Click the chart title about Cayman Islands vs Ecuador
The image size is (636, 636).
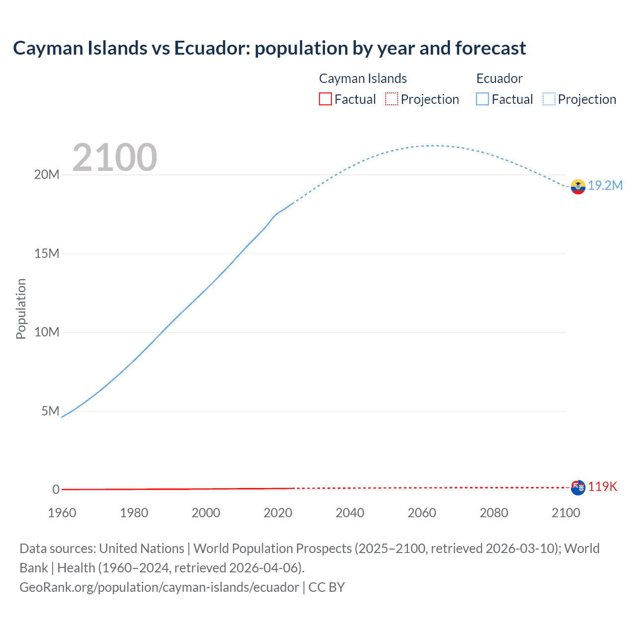pyautogui.click(x=269, y=48)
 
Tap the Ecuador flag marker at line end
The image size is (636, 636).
pyautogui.click(x=577, y=186)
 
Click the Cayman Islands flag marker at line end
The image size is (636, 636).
pyautogui.click(x=577, y=487)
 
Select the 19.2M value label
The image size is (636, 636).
pyautogui.click(x=605, y=185)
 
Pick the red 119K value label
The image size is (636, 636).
pyautogui.click(x=603, y=487)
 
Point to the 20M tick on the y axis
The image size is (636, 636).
pyautogui.click(x=47, y=174)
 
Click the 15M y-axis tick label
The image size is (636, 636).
pyautogui.click(x=47, y=253)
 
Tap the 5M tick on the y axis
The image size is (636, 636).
pyautogui.click(x=50, y=411)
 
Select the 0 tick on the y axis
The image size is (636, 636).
pyautogui.click(x=56, y=489)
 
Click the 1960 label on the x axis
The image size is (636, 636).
pyautogui.click(x=62, y=513)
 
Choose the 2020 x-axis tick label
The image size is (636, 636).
pyautogui.click(x=278, y=513)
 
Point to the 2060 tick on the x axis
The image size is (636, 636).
pyautogui.click(x=422, y=513)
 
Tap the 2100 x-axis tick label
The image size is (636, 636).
pyautogui.click(x=565, y=513)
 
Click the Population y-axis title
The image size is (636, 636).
pyautogui.click(x=21, y=309)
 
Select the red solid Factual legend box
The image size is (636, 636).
pyautogui.click(x=325, y=99)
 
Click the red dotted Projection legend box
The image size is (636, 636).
pyautogui.click(x=392, y=99)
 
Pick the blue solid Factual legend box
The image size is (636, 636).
pyautogui.click(x=482, y=99)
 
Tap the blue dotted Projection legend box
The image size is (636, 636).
pyautogui.click(x=549, y=99)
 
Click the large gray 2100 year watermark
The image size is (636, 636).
pyautogui.click(x=115, y=158)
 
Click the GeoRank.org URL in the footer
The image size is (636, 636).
pyautogui.click(x=159, y=587)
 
